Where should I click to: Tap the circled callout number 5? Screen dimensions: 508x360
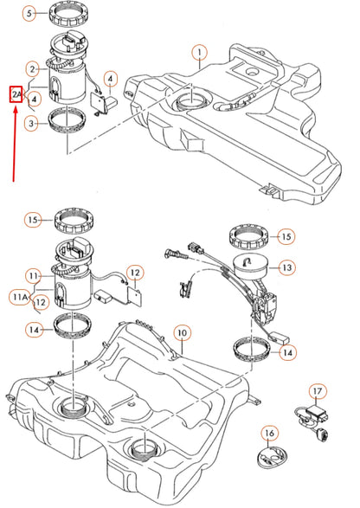click(29, 14)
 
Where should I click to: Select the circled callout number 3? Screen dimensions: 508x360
click(31, 125)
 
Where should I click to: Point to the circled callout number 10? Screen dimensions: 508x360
click(181, 332)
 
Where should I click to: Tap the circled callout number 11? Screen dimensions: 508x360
click(32, 277)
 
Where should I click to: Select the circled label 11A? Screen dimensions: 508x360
click(18, 298)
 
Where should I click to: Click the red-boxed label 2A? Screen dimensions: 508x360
click(16, 93)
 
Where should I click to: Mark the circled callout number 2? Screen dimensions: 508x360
click(31, 68)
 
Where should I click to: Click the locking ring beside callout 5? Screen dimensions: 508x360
click(73, 14)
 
